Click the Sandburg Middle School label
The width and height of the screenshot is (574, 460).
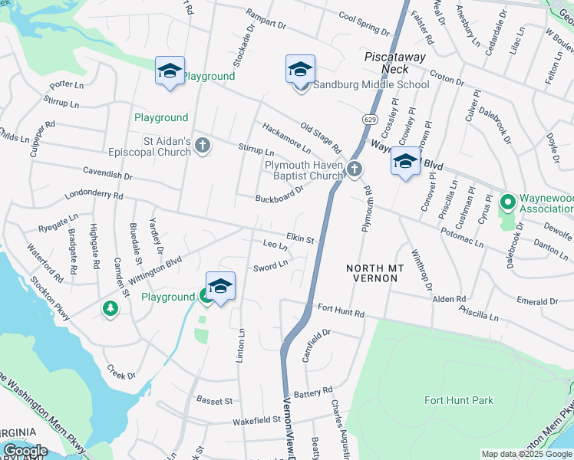coord(371,84)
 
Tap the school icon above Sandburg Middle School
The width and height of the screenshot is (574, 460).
coord(301,69)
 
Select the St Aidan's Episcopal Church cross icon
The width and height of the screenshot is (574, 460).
coord(203,145)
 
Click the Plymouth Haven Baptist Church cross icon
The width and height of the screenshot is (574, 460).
coord(354,169)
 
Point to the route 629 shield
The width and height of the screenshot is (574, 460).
coord(371,119)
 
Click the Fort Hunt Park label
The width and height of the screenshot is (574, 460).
coord(458,400)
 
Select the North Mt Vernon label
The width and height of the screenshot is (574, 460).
coord(371,272)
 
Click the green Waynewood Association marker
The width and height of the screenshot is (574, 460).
coord(506,203)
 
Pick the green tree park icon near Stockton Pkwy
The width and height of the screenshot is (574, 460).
coord(111,308)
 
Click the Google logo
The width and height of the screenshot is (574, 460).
coord(25,451)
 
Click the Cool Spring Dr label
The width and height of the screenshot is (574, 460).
coord(364,23)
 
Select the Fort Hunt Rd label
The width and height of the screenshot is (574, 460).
coord(338,310)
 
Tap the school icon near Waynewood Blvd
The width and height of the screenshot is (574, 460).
coord(405,162)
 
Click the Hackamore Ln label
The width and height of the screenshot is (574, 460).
coord(286,137)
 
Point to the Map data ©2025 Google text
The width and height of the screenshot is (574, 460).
coord(526,454)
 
